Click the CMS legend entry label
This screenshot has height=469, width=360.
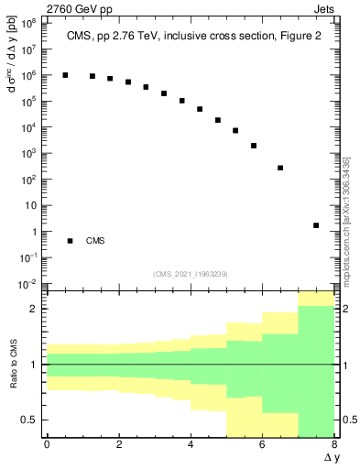tap(95, 241)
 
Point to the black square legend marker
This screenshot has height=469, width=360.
tap(70, 241)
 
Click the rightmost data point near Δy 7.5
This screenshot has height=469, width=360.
tap(316, 225)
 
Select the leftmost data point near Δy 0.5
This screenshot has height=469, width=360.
tap(65, 75)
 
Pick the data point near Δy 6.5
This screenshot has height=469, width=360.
tap(280, 168)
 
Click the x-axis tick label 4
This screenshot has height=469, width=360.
tap(190, 445)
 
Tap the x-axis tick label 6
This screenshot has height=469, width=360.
tap(262, 445)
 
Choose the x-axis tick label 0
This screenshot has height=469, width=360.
tap(47, 445)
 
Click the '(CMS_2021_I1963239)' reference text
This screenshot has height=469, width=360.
tap(190, 274)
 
